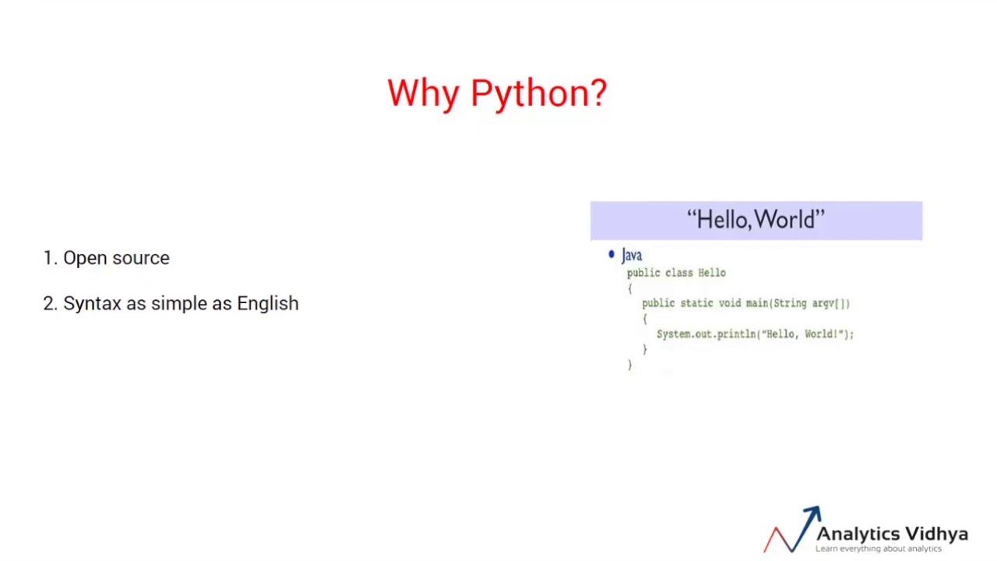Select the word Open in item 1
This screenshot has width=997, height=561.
[86, 258]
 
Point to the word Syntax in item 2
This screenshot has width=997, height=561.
[92, 304]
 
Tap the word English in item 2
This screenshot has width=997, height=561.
[267, 304]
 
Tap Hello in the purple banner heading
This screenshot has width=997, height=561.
[721, 220]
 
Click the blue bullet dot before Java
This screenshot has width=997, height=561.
[611, 254]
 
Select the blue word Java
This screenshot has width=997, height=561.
[632, 256]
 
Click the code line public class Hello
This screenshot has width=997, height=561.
[676, 273]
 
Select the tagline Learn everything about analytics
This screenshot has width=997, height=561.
[879, 549]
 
